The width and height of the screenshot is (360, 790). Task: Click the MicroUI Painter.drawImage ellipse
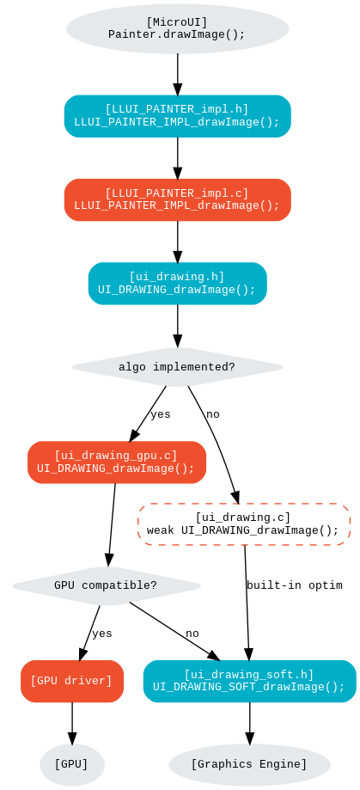177,28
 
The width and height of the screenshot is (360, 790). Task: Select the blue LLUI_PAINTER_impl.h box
177,116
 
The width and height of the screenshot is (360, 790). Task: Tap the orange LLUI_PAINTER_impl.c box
177,199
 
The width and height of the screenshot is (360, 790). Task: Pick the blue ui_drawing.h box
177,284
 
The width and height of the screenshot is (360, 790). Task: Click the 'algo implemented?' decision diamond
177,367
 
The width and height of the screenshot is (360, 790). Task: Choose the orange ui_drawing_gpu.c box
117,462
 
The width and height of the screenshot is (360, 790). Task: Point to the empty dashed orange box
244,524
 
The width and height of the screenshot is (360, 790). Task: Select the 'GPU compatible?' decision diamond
106,586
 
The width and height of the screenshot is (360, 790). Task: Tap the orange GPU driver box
72,681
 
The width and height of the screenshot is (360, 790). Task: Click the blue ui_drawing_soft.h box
249,681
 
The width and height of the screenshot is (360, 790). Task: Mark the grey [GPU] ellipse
71,764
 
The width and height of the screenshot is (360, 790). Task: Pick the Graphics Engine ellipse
249,764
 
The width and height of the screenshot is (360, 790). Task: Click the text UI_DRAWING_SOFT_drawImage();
249,688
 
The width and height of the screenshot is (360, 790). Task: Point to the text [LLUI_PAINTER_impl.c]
177,193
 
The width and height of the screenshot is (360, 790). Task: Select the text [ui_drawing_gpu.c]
116,456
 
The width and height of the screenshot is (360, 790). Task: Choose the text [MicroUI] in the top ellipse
177,21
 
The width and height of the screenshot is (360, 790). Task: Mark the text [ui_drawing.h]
177,277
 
